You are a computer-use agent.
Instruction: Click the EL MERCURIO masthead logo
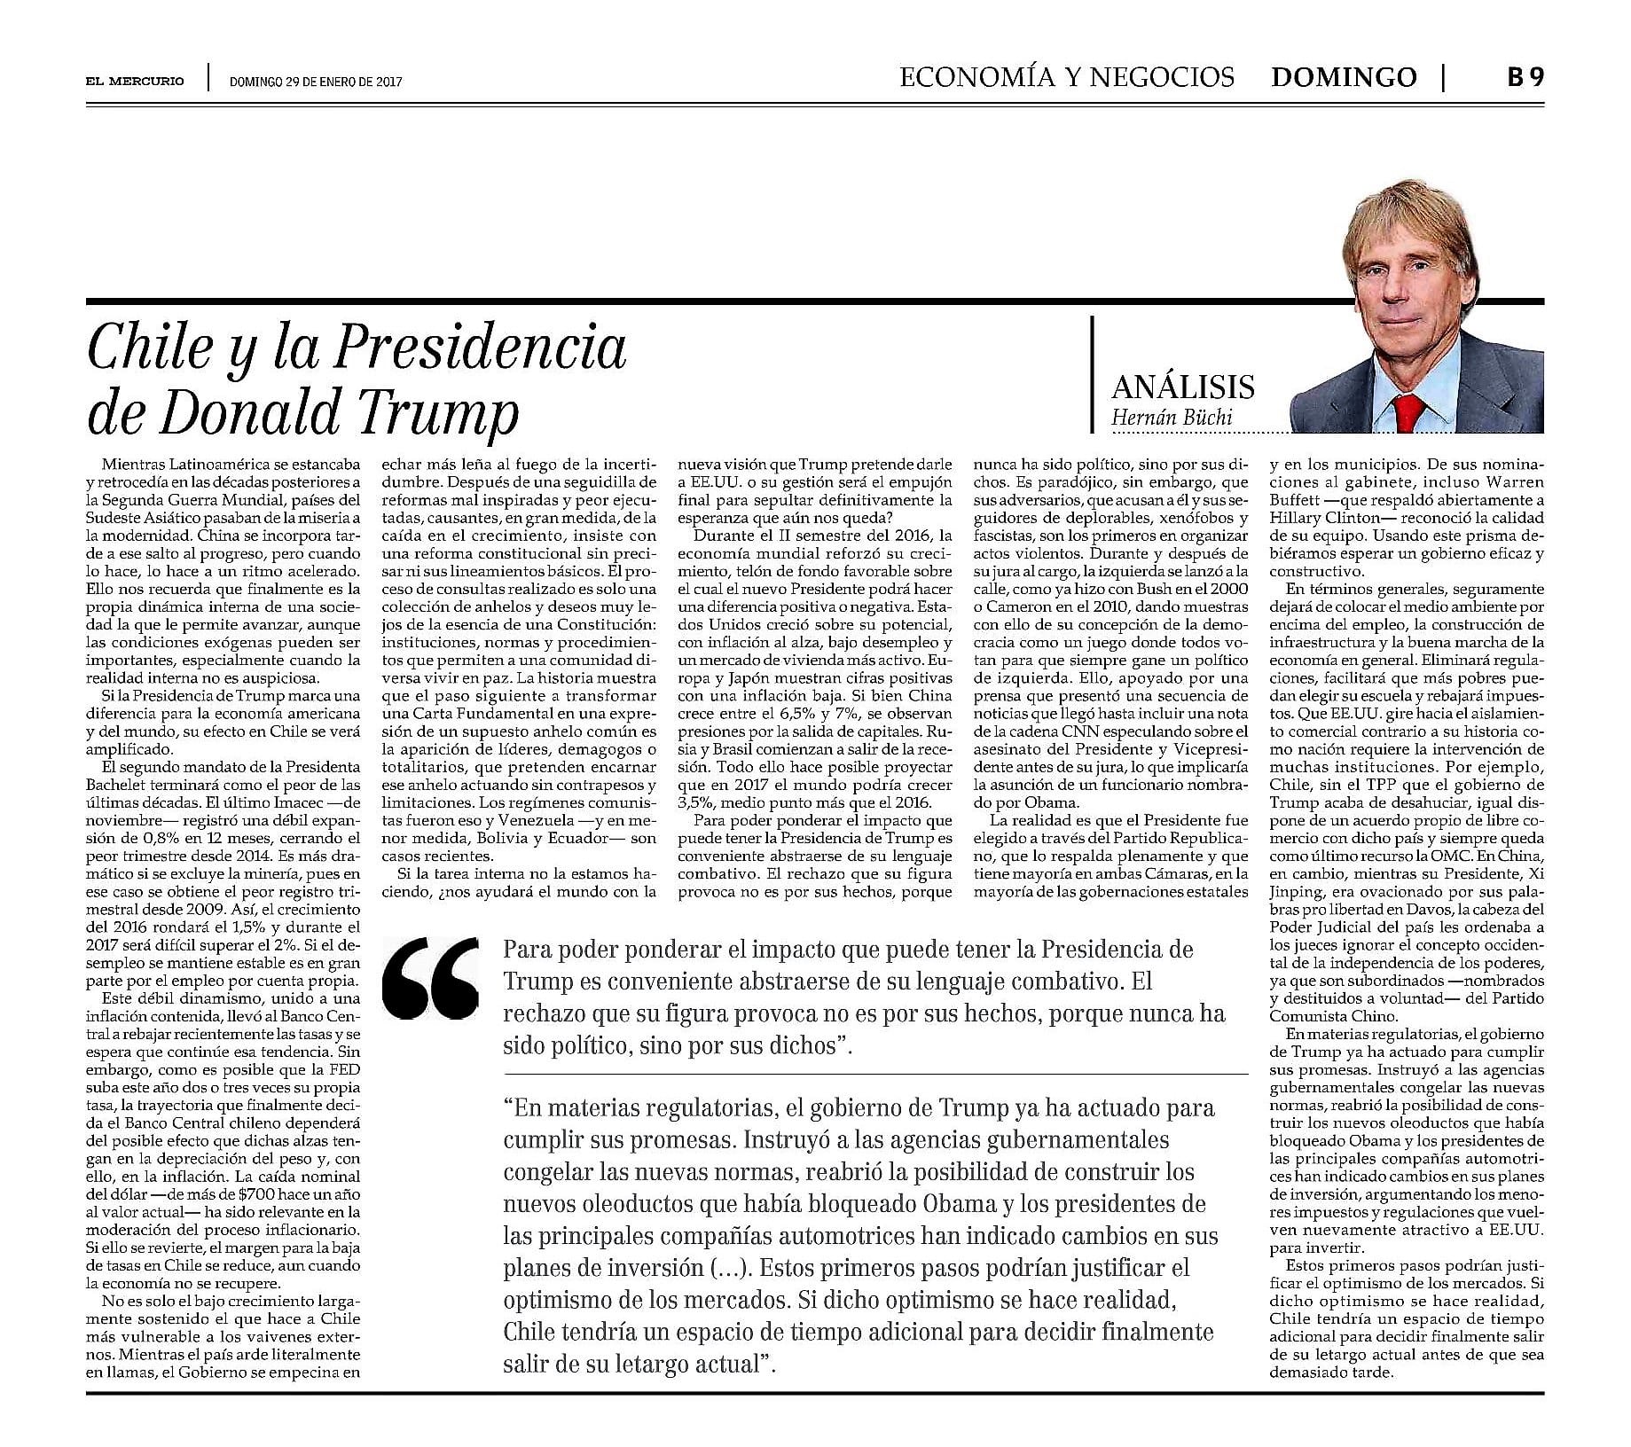click(x=136, y=81)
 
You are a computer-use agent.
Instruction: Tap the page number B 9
click(x=1525, y=78)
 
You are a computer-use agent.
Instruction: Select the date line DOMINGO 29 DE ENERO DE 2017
click(x=316, y=82)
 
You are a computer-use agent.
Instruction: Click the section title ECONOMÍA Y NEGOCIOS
click(x=1066, y=78)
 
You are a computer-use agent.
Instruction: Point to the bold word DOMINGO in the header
click(x=1343, y=78)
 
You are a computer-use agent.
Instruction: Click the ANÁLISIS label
click(x=1183, y=387)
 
